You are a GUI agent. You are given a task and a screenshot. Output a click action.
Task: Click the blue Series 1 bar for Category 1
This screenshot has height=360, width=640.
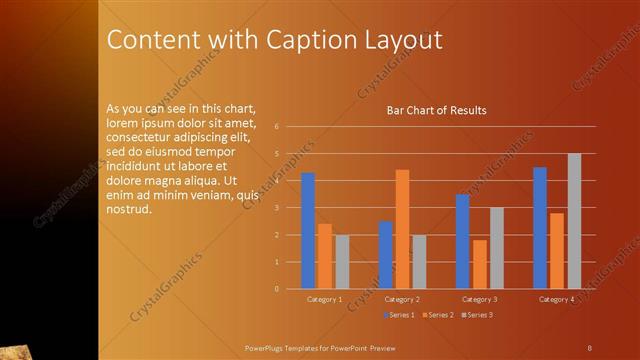pos(308,231)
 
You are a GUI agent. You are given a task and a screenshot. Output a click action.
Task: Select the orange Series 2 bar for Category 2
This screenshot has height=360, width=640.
pos(402,229)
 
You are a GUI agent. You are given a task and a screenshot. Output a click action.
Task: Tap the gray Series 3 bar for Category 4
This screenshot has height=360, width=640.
pos(574,221)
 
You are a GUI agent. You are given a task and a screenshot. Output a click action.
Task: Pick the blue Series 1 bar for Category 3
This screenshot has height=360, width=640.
pos(462,241)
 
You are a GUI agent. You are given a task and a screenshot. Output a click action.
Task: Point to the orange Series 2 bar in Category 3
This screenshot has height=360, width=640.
pos(480,264)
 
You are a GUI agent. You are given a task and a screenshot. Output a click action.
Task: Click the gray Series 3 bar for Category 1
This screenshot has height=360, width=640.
pos(342,262)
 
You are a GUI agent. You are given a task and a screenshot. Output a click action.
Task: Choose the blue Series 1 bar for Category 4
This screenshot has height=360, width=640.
pos(540,228)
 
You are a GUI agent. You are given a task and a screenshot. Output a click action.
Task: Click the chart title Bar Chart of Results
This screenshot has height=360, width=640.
pos(436,110)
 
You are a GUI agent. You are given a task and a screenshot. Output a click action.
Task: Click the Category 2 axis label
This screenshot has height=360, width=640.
pos(401,299)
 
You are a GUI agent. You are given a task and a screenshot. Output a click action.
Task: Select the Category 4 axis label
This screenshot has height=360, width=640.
pos(556,299)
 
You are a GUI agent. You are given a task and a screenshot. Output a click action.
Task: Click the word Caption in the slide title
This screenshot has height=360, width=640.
pos(306,41)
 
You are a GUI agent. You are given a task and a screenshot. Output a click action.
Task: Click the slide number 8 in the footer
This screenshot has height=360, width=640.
pos(589,347)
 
